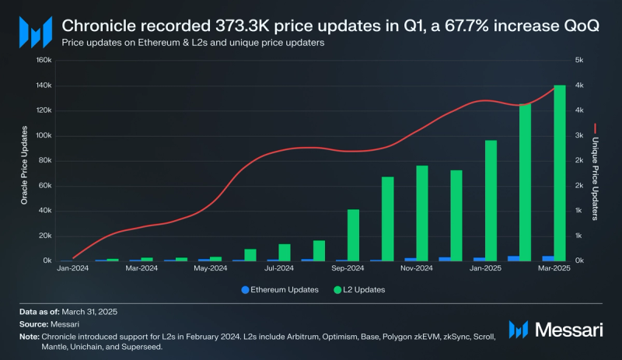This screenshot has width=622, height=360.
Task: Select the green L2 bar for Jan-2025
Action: pos(491,201)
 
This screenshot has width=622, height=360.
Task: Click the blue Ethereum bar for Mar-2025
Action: pos(548,258)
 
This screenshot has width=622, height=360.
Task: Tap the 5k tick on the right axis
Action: pos(579,60)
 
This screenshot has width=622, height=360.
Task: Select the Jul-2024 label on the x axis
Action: pos(279,268)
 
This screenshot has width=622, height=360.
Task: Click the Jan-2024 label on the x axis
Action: pos(74,268)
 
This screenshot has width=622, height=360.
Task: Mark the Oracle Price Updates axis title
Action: pos(23,159)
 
